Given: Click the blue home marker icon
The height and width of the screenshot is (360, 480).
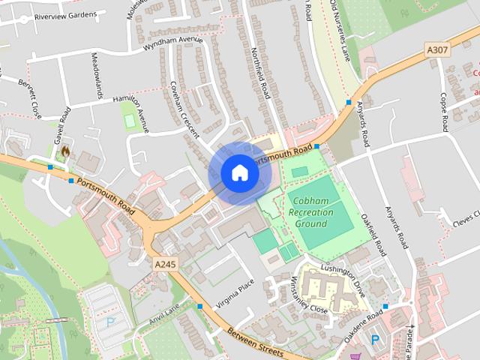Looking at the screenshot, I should (x=239, y=172).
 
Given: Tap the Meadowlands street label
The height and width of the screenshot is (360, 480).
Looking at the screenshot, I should (x=96, y=76).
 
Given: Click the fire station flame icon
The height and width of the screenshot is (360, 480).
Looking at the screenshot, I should (x=65, y=151).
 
